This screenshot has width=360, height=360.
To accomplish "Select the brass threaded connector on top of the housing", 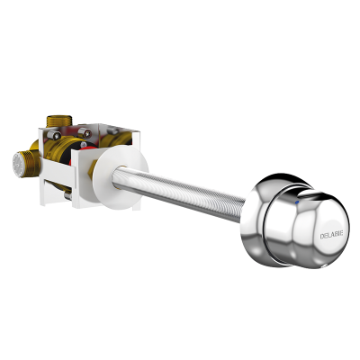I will tap(59, 121).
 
